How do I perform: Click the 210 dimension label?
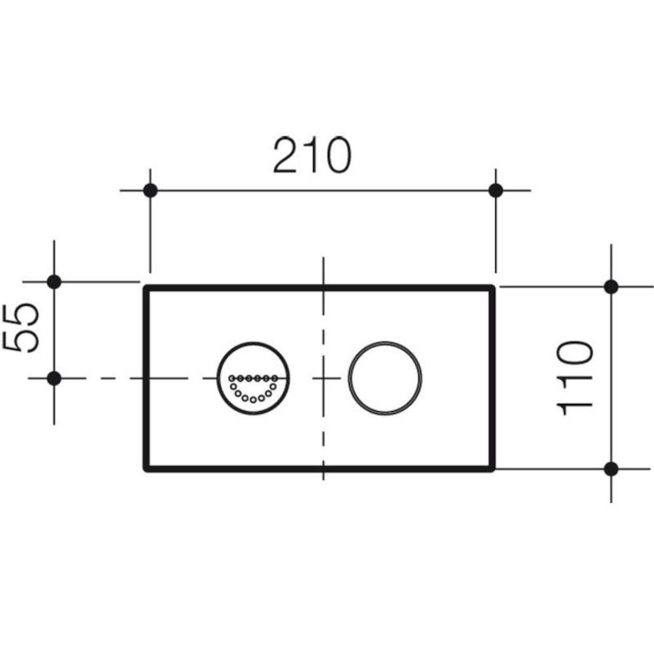tap(311, 156)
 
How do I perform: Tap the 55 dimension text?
tap(22, 327)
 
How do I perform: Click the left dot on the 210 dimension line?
tap(150, 191)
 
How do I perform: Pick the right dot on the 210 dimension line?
tap(495, 191)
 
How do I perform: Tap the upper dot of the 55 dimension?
tap(54, 282)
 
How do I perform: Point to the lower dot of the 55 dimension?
tap(54, 378)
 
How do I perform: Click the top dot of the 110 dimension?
tap(611, 287)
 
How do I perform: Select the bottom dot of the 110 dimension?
tap(611, 469)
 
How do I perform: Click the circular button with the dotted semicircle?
tap(253, 378)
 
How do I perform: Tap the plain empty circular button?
tap(385, 378)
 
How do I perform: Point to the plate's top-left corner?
tap(146, 288)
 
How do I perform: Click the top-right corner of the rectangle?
tap(492, 288)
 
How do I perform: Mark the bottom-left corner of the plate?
tap(146, 468)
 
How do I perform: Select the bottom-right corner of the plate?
tap(492, 468)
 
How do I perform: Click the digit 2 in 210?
tap(285, 156)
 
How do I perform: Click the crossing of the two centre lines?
tap(323, 378)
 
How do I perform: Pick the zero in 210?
tap(335, 156)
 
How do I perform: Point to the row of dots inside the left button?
tap(253, 378)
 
